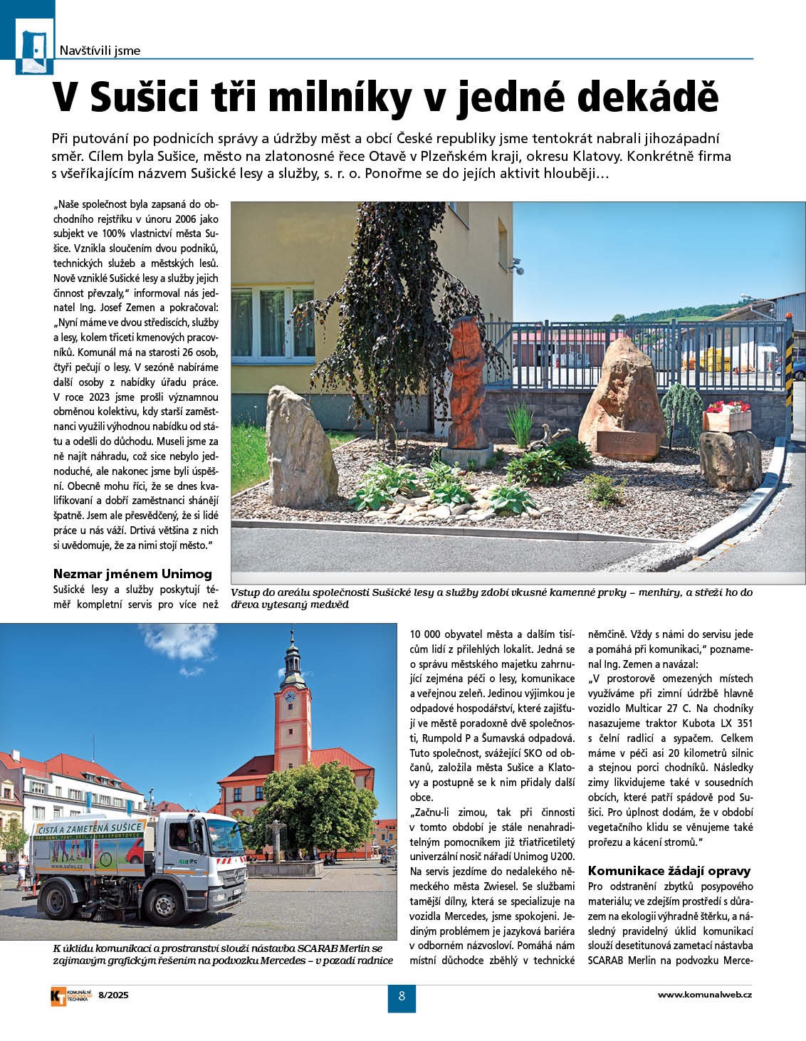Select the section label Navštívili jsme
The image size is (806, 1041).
(100, 51)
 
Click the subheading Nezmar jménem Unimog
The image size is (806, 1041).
(132, 573)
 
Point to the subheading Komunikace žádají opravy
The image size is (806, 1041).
(669, 870)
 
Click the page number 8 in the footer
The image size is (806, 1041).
(402, 996)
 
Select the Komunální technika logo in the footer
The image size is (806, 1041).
(69, 996)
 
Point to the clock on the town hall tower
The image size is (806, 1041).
(289, 696)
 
